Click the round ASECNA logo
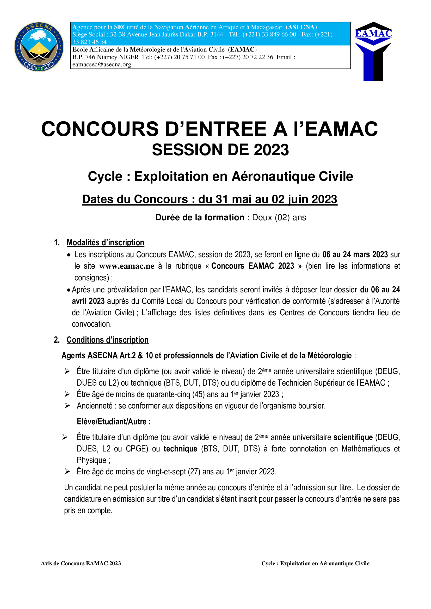[x=39, y=47]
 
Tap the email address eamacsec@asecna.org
[x=102, y=65]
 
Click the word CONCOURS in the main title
[x=100, y=129]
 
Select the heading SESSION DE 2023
[x=220, y=150]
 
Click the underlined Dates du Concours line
[x=210, y=199]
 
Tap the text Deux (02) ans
[x=279, y=217]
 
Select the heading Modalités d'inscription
[x=105, y=242]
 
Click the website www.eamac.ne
[x=127, y=266]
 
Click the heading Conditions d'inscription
[x=107, y=340]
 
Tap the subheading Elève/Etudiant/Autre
[x=114, y=422]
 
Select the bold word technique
[x=180, y=449]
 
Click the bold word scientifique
[x=353, y=437]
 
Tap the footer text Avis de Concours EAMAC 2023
[x=81, y=563]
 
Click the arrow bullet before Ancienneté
[x=67, y=406]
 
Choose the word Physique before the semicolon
[x=91, y=460]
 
